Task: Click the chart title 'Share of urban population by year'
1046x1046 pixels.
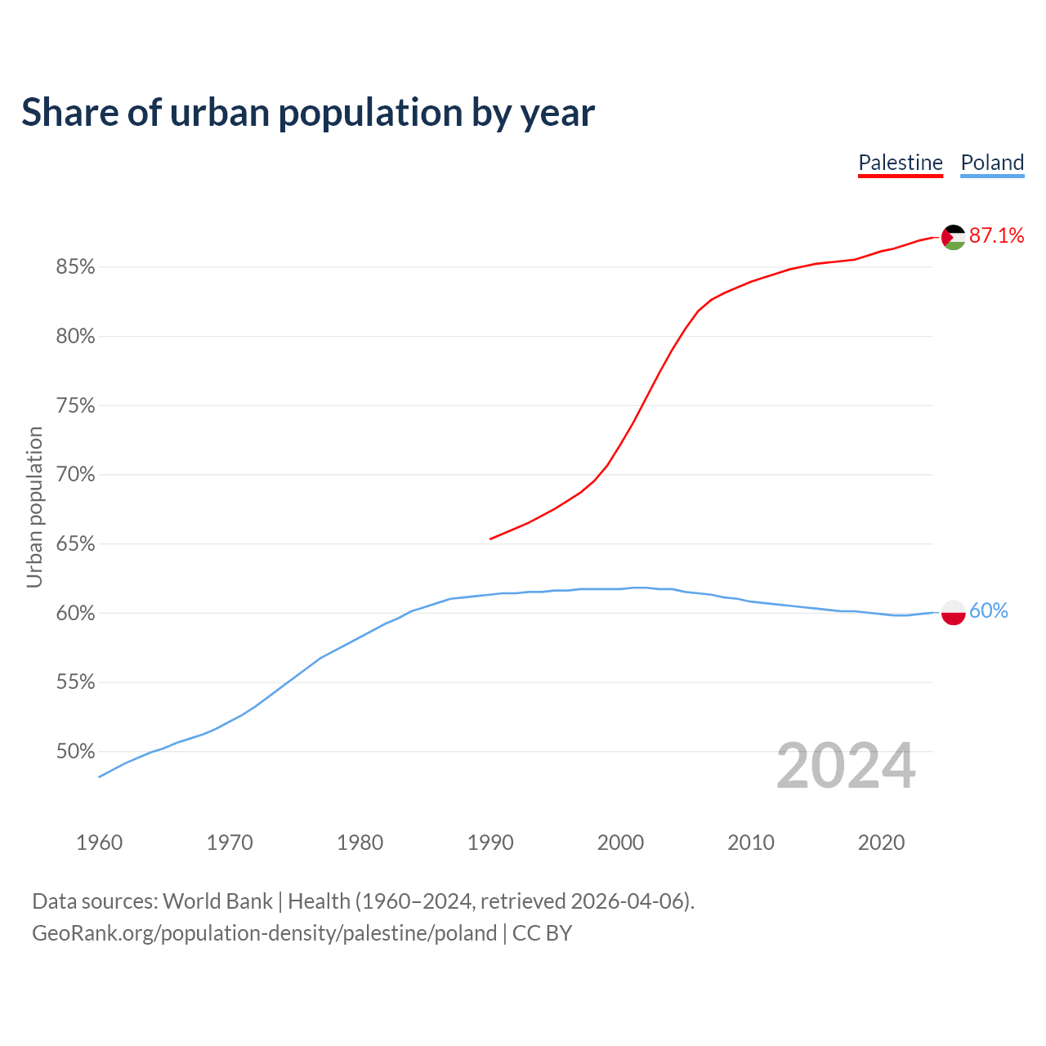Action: pyautogui.click(x=308, y=113)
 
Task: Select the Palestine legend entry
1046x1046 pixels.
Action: pyautogui.click(x=901, y=163)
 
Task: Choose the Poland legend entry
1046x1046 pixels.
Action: pyautogui.click(x=992, y=163)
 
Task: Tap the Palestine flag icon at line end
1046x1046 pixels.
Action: pyautogui.click(x=954, y=237)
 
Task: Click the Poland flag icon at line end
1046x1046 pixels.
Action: pyautogui.click(x=954, y=612)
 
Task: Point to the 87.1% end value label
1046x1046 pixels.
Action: pyautogui.click(x=997, y=236)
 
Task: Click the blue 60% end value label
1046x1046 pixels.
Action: pyautogui.click(x=989, y=611)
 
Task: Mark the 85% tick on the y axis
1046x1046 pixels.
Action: pyautogui.click(x=76, y=267)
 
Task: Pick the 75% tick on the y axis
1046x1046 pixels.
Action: pyautogui.click(x=76, y=406)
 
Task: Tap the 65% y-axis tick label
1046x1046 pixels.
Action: pyautogui.click(x=76, y=544)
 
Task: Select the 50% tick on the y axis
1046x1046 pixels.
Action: pyautogui.click(x=76, y=752)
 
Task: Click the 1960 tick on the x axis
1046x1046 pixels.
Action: pyautogui.click(x=100, y=843)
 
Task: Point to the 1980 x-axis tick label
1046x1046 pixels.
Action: pyautogui.click(x=360, y=843)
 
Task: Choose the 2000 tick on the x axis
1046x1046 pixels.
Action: pyautogui.click(x=621, y=843)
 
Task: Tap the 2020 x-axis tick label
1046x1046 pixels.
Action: pyautogui.click(x=882, y=843)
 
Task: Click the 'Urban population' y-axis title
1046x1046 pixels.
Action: pyautogui.click(x=34, y=507)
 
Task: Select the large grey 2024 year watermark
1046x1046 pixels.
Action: pyautogui.click(x=846, y=767)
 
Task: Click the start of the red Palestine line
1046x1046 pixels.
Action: pyautogui.click(x=491, y=539)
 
